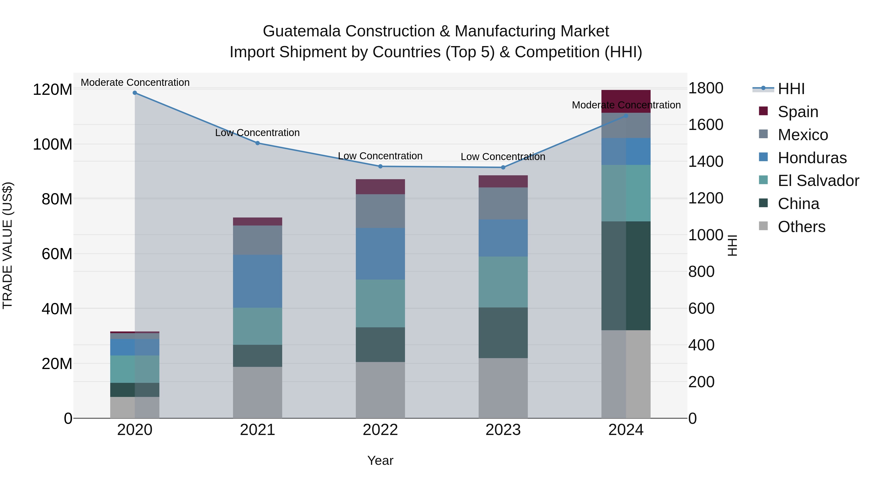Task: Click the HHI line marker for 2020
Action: pyautogui.click(x=135, y=93)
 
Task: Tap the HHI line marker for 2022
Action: pyautogui.click(x=380, y=166)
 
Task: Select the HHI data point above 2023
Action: pyautogui.click(x=503, y=167)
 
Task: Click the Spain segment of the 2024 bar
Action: pyautogui.click(x=626, y=101)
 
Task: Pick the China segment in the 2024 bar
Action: pyautogui.click(x=626, y=275)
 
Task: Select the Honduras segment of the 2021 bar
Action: pyautogui.click(x=258, y=281)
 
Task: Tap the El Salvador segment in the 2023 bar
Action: pyautogui.click(x=503, y=282)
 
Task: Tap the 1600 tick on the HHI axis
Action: pyautogui.click(x=706, y=125)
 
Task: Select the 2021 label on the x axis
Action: pyautogui.click(x=258, y=430)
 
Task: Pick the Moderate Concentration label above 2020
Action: pyautogui.click(x=135, y=83)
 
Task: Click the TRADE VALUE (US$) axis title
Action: pyautogui.click(x=8, y=245)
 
